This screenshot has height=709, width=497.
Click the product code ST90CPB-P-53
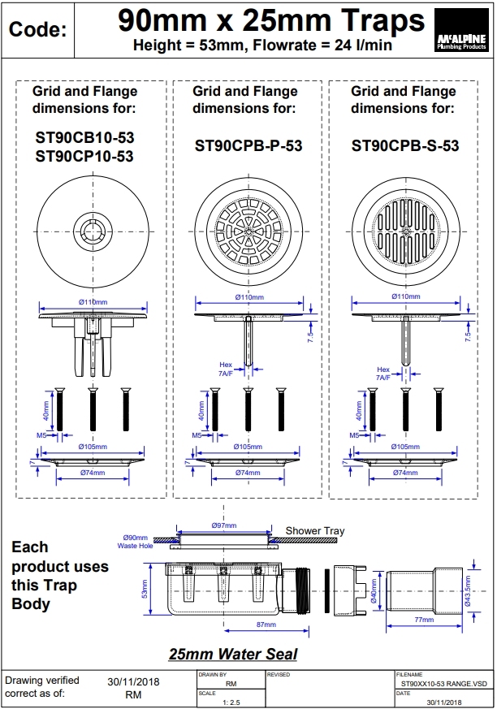248,146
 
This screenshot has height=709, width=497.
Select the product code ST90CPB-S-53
405,146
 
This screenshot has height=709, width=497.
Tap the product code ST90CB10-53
84,138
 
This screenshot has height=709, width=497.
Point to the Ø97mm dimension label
223,525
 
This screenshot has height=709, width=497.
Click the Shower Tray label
314,531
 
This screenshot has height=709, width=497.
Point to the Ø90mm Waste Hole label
135,542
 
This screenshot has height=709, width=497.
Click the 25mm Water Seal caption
232,654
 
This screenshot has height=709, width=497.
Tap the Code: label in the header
37,31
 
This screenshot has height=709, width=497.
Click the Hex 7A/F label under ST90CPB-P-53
226,370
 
